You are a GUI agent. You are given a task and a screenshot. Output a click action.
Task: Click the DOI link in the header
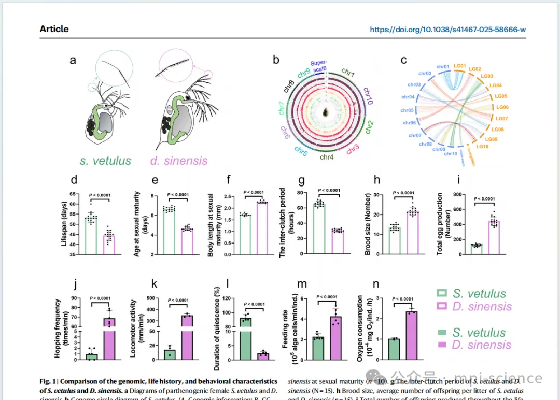pos(447,30)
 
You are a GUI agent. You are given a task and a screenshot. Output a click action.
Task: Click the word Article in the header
pos(54,29)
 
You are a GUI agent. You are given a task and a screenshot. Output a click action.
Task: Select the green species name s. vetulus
pos(105,161)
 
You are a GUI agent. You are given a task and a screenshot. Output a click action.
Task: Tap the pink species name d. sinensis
pos(179,161)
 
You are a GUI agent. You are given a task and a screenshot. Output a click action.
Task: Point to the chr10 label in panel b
pos(366,97)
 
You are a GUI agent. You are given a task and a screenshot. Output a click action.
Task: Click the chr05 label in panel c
pos(407,110)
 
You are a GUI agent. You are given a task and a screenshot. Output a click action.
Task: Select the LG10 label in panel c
pos(482,147)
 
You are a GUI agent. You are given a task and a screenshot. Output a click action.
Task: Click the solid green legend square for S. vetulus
pos(441,333)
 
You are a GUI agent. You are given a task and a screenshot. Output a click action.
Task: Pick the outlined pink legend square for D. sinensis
pos(441,306)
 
